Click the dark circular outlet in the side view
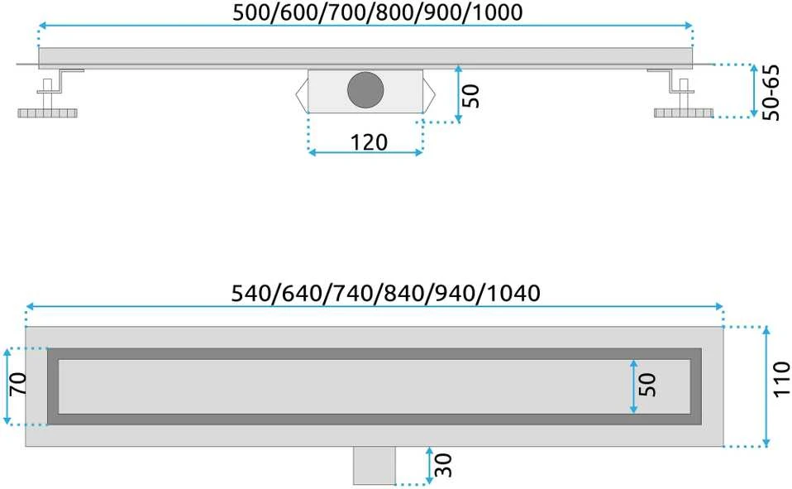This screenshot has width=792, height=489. click(x=365, y=90)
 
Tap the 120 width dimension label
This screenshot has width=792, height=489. click(x=369, y=142)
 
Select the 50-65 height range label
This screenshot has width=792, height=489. click(x=771, y=92)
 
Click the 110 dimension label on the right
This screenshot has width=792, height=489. click(x=781, y=379)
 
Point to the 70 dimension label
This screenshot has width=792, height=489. click(x=17, y=384)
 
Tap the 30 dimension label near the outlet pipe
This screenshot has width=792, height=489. click(x=442, y=465)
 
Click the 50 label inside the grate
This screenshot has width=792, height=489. click(x=647, y=386)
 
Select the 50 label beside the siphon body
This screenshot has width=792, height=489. click(x=470, y=96)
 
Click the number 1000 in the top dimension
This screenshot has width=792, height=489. click(x=497, y=12)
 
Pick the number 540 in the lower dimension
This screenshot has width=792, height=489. click(x=251, y=293)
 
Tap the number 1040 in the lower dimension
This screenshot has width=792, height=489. click(x=514, y=293)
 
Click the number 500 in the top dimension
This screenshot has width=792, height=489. click(x=251, y=12)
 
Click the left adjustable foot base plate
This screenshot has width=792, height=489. click(x=48, y=113)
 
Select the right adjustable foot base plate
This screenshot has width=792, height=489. click(x=684, y=113)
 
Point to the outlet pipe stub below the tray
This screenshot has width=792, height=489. click(x=375, y=465)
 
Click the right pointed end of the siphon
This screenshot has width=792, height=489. click(x=429, y=93)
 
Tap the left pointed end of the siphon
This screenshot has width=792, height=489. click(x=302, y=93)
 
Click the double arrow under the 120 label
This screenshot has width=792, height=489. click(x=365, y=152)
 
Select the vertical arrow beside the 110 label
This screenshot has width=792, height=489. click(x=766, y=387)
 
